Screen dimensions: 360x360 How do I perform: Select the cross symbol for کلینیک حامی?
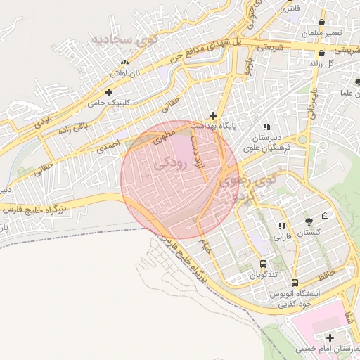(x=108, y=91)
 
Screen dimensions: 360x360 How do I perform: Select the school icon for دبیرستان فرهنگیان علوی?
(x=285, y=127)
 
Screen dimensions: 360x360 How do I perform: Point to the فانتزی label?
(x=289, y=10)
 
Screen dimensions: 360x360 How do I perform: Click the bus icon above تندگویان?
(x=263, y=264)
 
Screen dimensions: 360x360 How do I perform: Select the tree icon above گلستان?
(x=309, y=222)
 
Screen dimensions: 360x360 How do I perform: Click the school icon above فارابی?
(x=282, y=226)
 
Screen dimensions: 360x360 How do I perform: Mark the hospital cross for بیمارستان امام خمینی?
(x=330, y=337)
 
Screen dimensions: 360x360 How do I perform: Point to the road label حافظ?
(x=338, y=270)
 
